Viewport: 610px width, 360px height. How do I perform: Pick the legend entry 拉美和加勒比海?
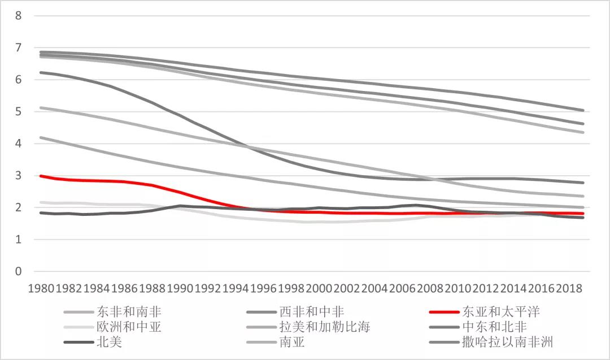[325, 327]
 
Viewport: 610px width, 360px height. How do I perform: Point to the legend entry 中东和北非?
[495, 327]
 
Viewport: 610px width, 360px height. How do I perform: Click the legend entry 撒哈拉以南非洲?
[507, 342]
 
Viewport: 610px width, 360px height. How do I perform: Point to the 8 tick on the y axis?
[19, 16]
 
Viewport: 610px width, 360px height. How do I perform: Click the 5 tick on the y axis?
[19, 112]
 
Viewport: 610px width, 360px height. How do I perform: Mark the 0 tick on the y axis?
[19, 272]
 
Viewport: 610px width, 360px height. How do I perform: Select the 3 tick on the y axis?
[19, 176]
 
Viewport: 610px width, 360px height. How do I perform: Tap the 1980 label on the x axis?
[41, 288]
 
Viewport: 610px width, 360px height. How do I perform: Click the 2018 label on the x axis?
[569, 288]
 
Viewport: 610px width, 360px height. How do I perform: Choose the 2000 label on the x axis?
[319, 288]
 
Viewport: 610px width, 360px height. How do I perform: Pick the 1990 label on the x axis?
[180, 288]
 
